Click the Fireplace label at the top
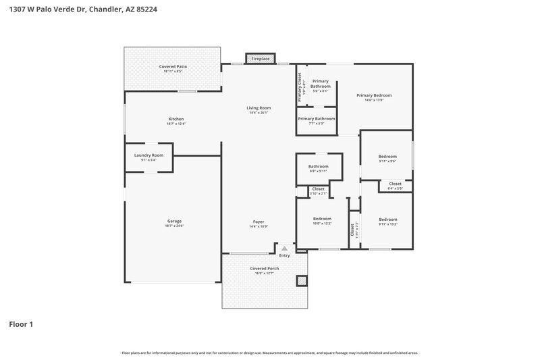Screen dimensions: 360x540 [x=261, y=59]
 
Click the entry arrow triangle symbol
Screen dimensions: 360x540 [x=284, y=249]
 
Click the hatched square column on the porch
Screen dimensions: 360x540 [x=301, y=280]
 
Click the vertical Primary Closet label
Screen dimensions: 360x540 [x=301, y=88]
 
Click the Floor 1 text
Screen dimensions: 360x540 [x=20, y=324]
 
